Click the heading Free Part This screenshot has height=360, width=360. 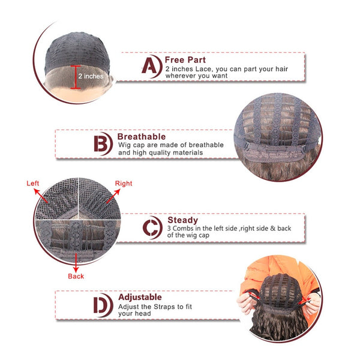click(185, 60)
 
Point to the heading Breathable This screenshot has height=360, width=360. click(142, 137)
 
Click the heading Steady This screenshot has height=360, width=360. click(182, 220)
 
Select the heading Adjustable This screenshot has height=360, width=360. click(140, 297)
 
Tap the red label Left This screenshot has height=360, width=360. click(32, 183)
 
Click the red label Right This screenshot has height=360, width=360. click(124, 184)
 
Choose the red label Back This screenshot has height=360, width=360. click(76, 276)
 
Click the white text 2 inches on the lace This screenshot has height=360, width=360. click(91, 76)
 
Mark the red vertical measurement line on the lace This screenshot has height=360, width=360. click(76, 77)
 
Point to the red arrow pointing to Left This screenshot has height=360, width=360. click(41, 196)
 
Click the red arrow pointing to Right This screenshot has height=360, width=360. click(113, 196)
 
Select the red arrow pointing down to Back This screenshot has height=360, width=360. click(76, 263)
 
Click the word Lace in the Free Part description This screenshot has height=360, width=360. click(203, 69)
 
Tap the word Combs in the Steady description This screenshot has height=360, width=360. click(183, 229)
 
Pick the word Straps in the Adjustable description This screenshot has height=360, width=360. click(164, 307)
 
